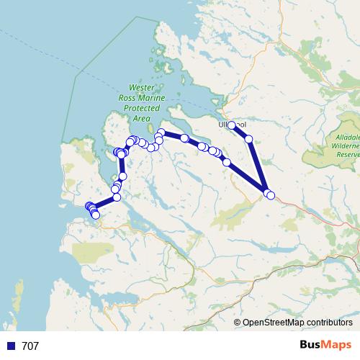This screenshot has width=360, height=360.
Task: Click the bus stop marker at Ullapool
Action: tap(232, 125)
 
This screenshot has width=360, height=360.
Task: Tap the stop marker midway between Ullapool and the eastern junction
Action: tap(249, 138)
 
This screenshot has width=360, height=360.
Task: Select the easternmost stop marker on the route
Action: tap(271, 195)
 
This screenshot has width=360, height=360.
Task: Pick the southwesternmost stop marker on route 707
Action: tap(96, 215)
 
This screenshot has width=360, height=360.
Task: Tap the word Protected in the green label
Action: tap(137, 107)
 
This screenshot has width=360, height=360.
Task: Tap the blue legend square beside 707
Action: tap(10, 346)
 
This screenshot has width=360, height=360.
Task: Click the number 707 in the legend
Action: tap(30, 346)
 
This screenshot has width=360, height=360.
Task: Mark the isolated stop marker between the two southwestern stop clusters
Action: tap(122, 176)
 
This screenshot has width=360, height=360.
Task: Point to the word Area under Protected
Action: tap(142, 117)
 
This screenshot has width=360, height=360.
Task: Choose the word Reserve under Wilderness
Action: tap(347, 154)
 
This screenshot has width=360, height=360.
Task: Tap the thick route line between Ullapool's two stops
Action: tap(240, 132)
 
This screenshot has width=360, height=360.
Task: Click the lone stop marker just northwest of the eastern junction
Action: tap(227, 162)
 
